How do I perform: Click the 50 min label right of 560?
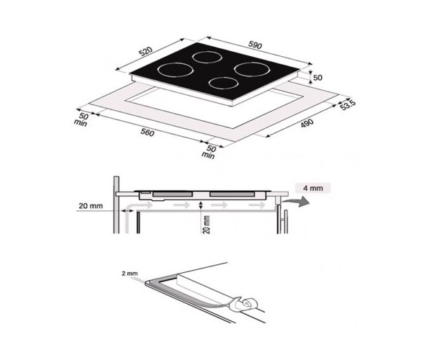(x=210, y=150)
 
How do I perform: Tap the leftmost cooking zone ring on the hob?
(x=174, y=70)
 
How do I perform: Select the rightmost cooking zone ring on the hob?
(x=248, y=69)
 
